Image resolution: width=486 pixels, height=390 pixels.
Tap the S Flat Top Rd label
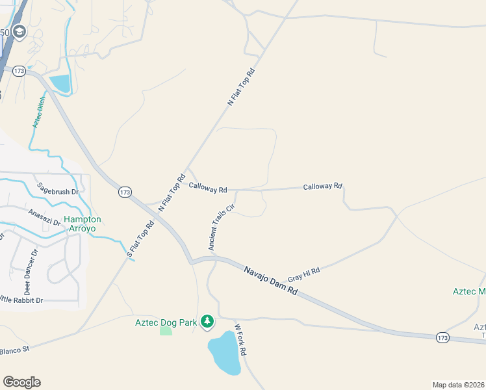[140, 240]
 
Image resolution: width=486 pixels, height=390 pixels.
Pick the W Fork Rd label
[240, 339]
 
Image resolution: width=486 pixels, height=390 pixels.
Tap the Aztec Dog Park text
[166, 322]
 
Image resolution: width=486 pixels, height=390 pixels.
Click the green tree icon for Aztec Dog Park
[207, 322]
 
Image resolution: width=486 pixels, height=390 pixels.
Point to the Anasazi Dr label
[44, 217]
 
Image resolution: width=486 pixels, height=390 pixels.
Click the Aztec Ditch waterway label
[38, 114]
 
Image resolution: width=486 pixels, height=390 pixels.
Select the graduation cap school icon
[19, 32]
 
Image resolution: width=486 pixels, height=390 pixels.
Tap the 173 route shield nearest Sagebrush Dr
[125, 192]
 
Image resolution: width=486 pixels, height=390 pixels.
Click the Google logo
[21, 382]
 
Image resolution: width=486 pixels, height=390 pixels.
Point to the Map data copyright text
[458, 385]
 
